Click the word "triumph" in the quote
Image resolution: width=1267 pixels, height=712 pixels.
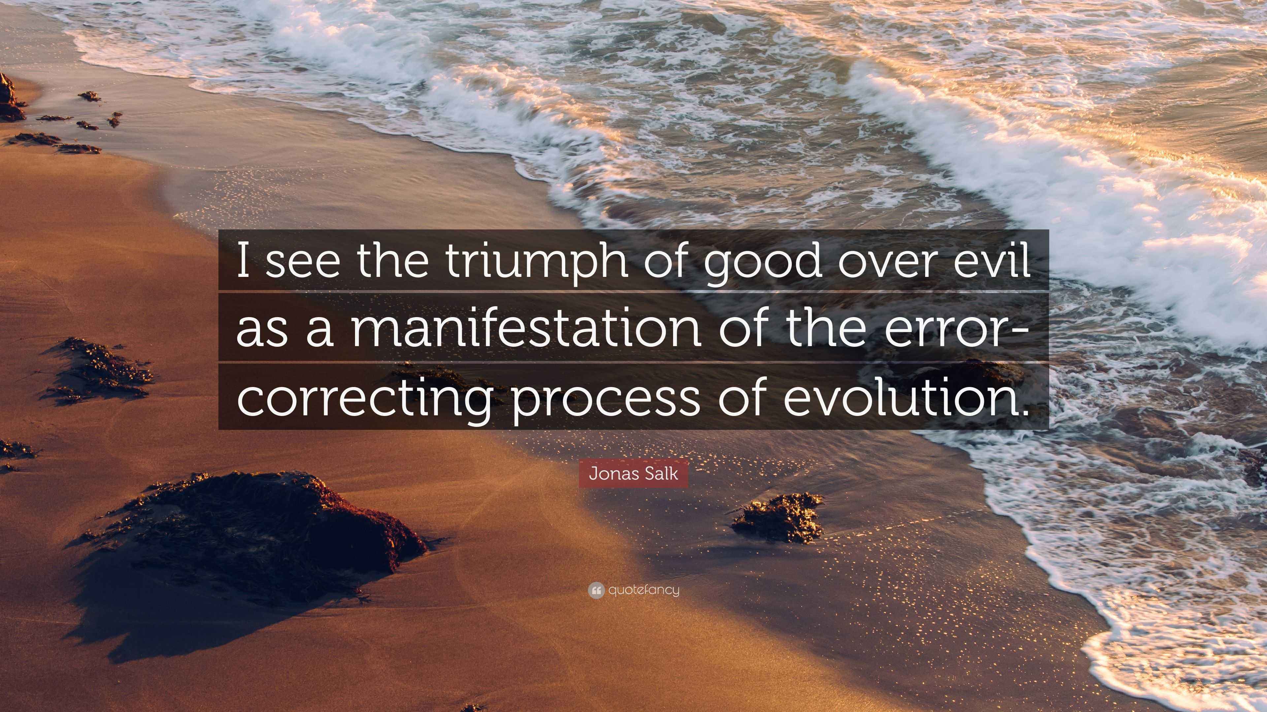(536, 262)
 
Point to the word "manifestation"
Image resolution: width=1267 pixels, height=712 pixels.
(526, 329)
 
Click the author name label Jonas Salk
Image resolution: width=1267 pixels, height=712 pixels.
(633, 474)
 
